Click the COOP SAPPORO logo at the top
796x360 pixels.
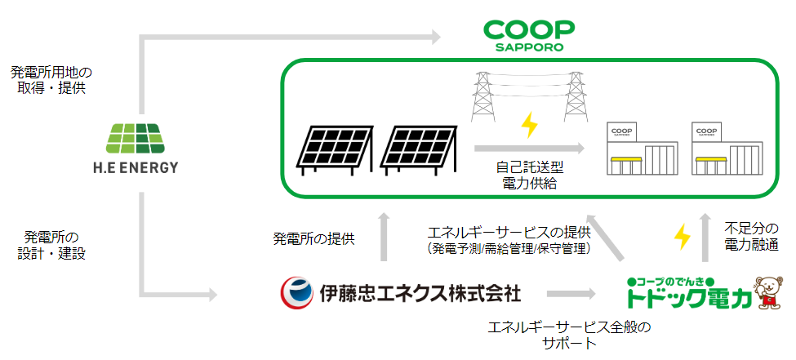coord(529,34)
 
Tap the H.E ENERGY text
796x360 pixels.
coord(136,168)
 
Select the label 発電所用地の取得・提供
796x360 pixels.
coord(51,80)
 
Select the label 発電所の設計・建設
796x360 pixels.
coord(51,244)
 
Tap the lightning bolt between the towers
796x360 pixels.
coord(530,125)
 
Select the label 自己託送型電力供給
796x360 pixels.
coord(530,175)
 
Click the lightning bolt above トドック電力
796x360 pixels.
coord(680,237)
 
